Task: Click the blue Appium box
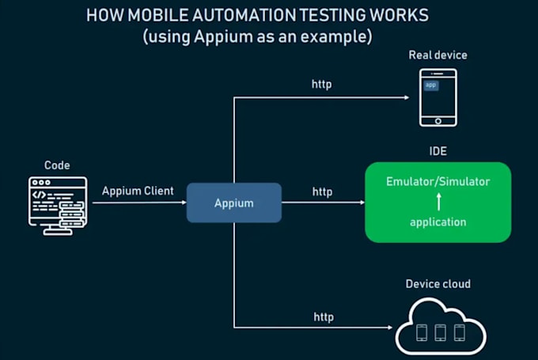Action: (x=233, y=203)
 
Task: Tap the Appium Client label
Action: (x=138, y=191)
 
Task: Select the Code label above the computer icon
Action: (x=57, y=165)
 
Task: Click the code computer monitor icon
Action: (x=56, y=204)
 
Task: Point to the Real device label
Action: (x=438, y=55)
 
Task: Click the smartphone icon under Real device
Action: (x=438, y=97)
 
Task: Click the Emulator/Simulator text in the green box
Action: (x=438, y=181)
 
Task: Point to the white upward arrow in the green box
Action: (x=438, y=202)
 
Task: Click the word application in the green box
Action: (x=438, y=222)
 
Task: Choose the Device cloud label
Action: (x=438, y=283)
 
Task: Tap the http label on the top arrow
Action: (x=322, y=84)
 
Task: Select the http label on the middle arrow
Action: (x=322, y=191)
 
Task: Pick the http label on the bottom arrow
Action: (x=323, y=316)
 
